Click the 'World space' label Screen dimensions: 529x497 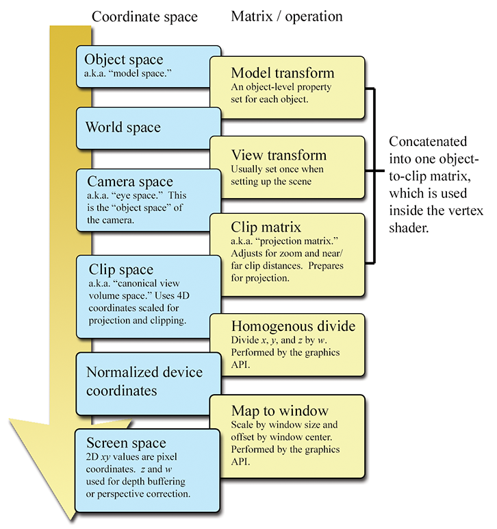coord(123,127)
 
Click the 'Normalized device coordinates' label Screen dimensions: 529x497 coord(144,381)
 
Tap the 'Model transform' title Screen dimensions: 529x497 coord(283,73)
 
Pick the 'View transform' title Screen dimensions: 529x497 coord(279,155)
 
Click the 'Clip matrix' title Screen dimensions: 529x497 coord(266,227)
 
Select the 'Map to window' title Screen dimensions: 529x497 coord(280,411)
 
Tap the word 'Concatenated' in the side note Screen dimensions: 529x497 coord(428,142)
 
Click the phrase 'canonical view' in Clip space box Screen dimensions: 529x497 coord(155,284)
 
